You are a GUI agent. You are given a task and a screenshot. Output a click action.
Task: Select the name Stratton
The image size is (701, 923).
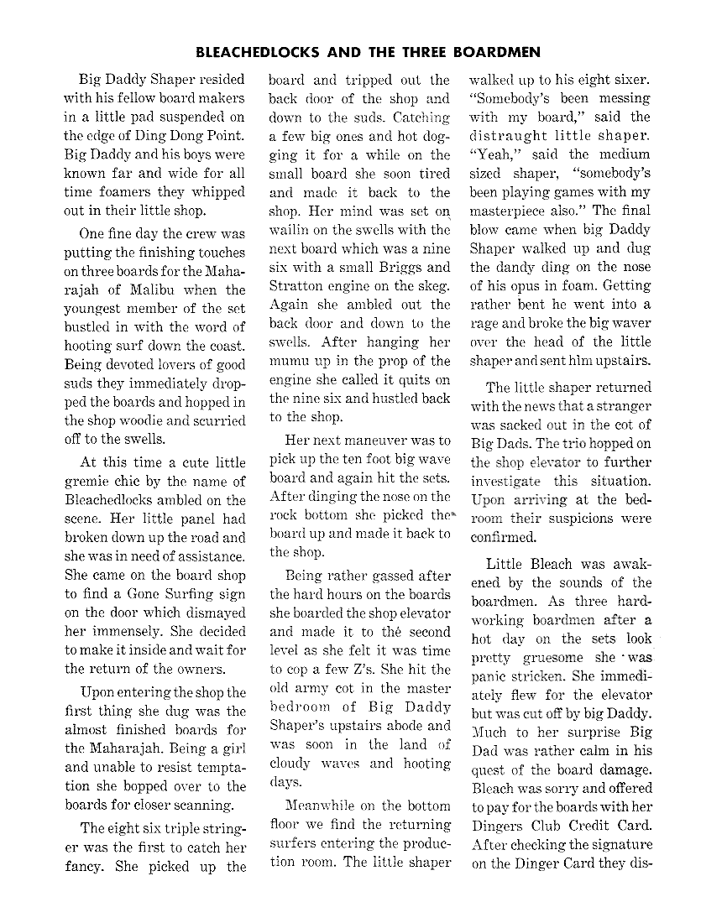pyautogui.click(x=298, y=286)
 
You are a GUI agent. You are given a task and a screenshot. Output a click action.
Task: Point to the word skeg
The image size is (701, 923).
pyautogui.click(x=435, y=286)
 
